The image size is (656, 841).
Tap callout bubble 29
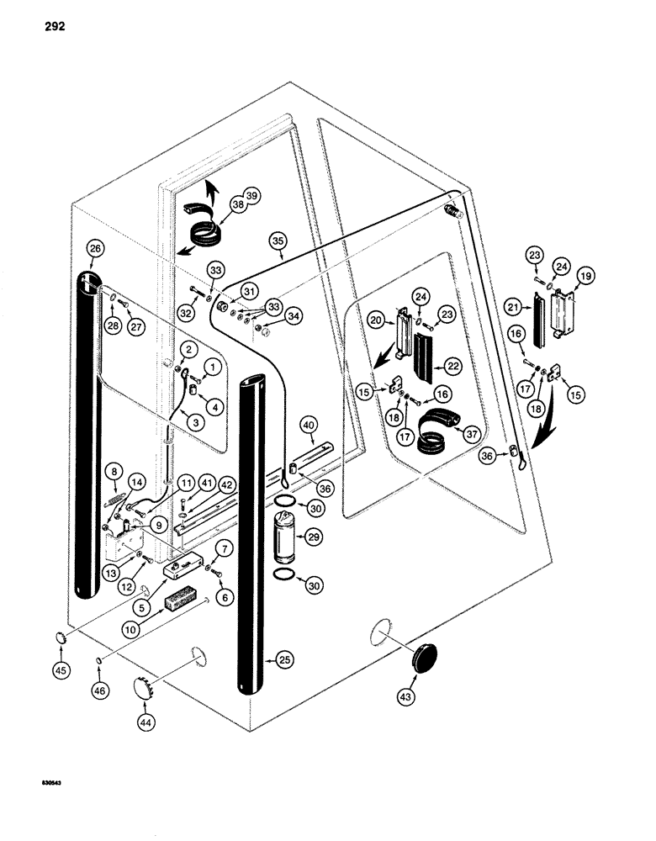pos(315,534)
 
